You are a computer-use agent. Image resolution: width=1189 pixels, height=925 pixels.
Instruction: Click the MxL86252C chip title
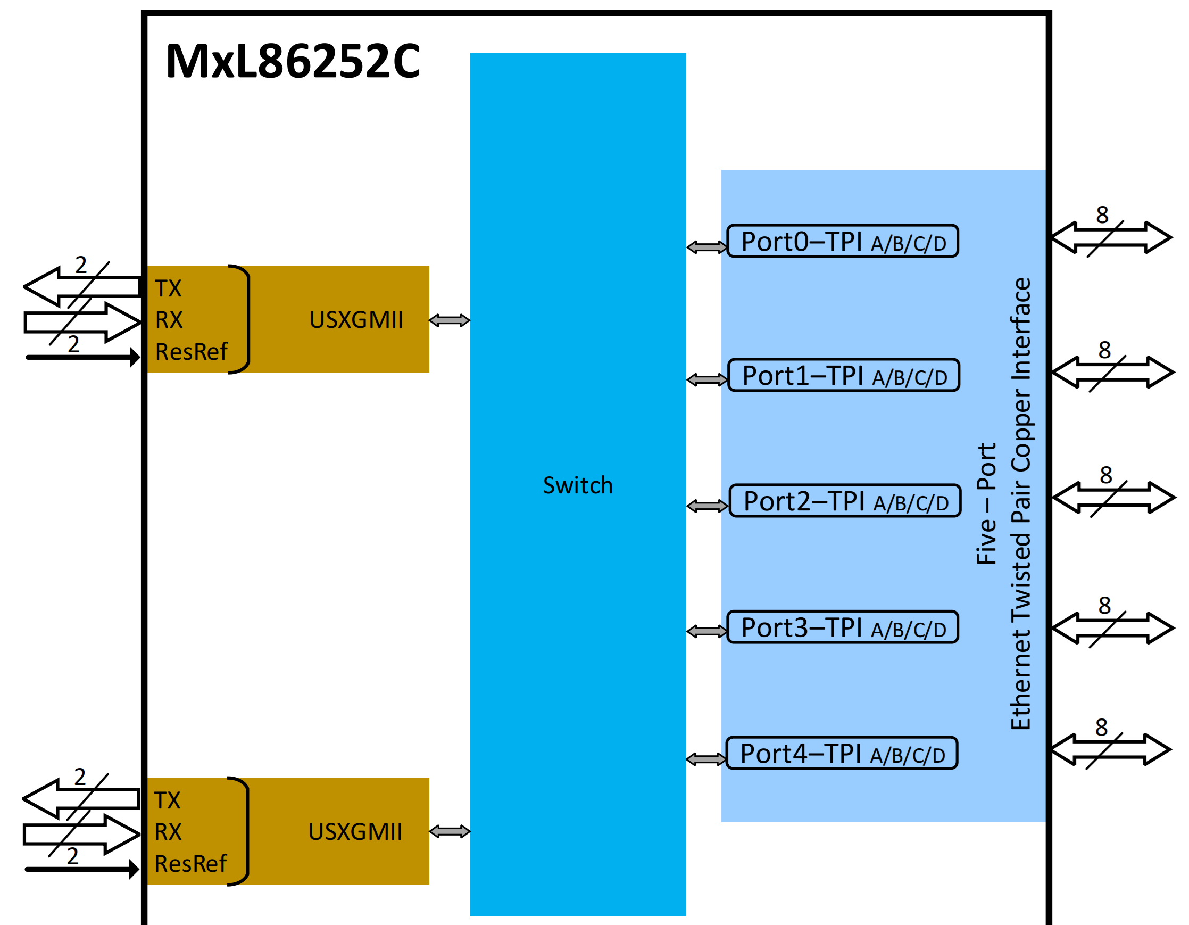293,61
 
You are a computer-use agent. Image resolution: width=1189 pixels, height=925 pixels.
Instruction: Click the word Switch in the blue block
578,485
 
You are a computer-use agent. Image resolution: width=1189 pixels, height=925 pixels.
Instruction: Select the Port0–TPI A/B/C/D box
842,241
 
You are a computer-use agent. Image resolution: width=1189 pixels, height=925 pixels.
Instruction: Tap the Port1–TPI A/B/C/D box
843,375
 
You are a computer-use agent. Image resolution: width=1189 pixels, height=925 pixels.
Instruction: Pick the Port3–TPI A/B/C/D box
842,627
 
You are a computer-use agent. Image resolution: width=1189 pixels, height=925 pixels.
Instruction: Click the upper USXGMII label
356,320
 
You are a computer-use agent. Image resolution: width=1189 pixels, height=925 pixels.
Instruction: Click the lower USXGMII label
355,832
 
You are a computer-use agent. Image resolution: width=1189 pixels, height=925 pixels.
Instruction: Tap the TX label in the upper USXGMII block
168,288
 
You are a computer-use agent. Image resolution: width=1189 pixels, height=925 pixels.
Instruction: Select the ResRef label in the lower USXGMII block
190,864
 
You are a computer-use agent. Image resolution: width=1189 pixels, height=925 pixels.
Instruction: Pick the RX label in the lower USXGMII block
168,832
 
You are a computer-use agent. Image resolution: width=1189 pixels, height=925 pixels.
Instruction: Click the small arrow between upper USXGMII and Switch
449,320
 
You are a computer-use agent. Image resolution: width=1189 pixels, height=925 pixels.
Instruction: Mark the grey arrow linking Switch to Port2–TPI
707,506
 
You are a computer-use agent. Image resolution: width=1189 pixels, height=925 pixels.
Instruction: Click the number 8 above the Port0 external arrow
1102,214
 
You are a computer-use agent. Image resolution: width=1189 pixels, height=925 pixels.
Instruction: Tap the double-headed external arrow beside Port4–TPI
1111,750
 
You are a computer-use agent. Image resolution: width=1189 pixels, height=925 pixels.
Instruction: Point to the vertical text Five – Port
986,503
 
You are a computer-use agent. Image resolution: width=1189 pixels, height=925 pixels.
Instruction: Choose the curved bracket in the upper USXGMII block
243,319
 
